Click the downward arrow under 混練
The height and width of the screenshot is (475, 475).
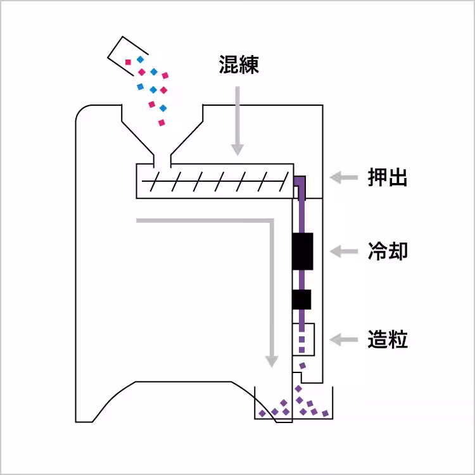[237, 120]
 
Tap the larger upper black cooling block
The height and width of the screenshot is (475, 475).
[303, 252]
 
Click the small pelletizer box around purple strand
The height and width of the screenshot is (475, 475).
[303, 341]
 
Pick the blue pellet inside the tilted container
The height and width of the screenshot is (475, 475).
[140, 60]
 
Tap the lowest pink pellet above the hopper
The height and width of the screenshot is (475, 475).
[161, 122]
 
